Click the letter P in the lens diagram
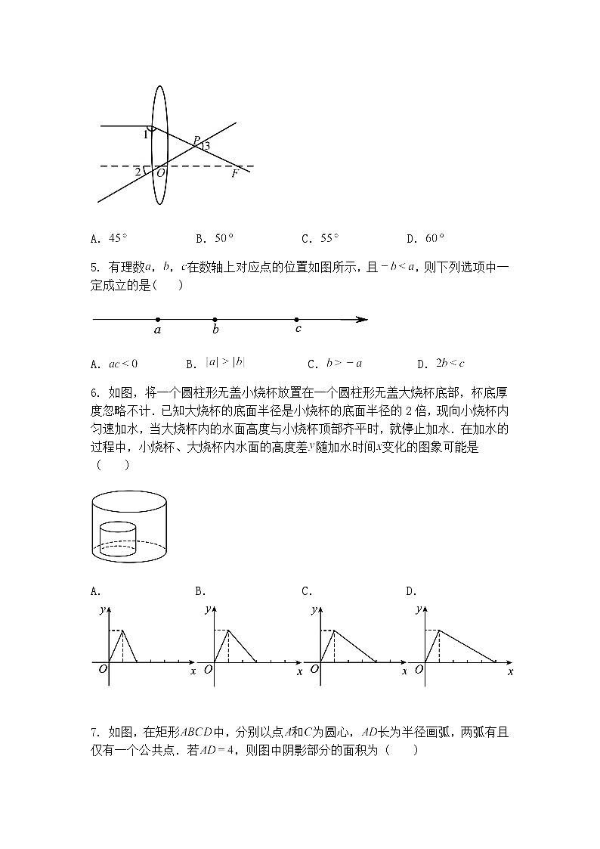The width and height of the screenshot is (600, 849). (196, 140)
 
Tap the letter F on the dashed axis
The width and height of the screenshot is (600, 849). (234, 173)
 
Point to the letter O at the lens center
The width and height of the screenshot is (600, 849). (161, 173)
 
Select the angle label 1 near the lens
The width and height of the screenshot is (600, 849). (145, 135)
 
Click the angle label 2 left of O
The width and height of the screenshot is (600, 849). (138, 172)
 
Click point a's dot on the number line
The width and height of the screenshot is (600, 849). (157, 319)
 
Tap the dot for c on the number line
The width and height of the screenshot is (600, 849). (297, 319)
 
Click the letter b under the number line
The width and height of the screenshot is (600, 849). (215, 330)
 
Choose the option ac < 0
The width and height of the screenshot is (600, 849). (123, 364)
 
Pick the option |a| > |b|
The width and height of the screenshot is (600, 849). (226, 363)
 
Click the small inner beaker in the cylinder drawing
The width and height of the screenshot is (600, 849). (118, 538)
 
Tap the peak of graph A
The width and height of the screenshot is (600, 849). (123, 630)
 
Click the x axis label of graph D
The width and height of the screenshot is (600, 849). (510, 671)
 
